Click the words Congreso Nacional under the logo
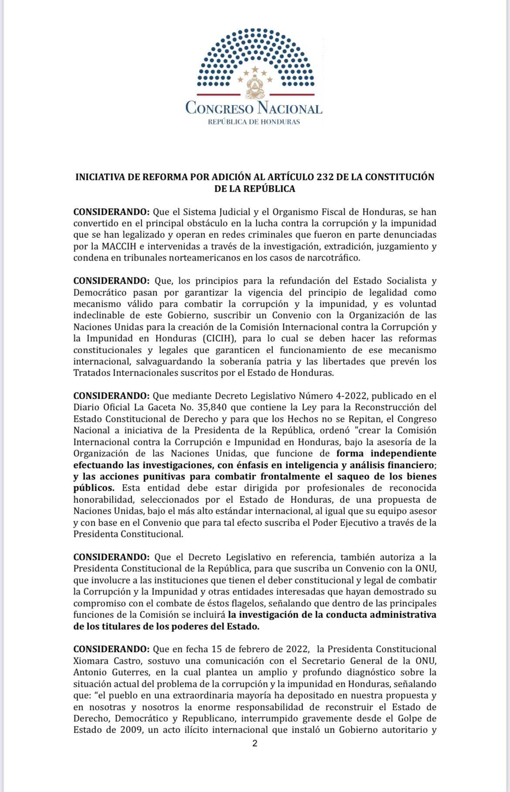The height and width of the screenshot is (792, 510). click(254, 108)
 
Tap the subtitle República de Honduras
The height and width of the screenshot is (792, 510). click(254, 122)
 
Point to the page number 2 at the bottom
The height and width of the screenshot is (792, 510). click(255, 744)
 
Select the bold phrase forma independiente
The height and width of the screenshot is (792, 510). click(386, 453)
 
